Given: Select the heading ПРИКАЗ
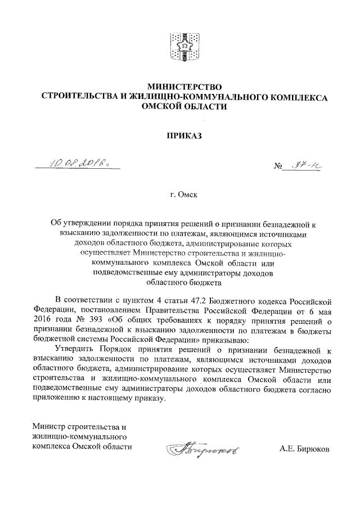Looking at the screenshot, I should tap(184, 136).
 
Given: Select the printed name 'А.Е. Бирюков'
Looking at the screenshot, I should tap(304, 448).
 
